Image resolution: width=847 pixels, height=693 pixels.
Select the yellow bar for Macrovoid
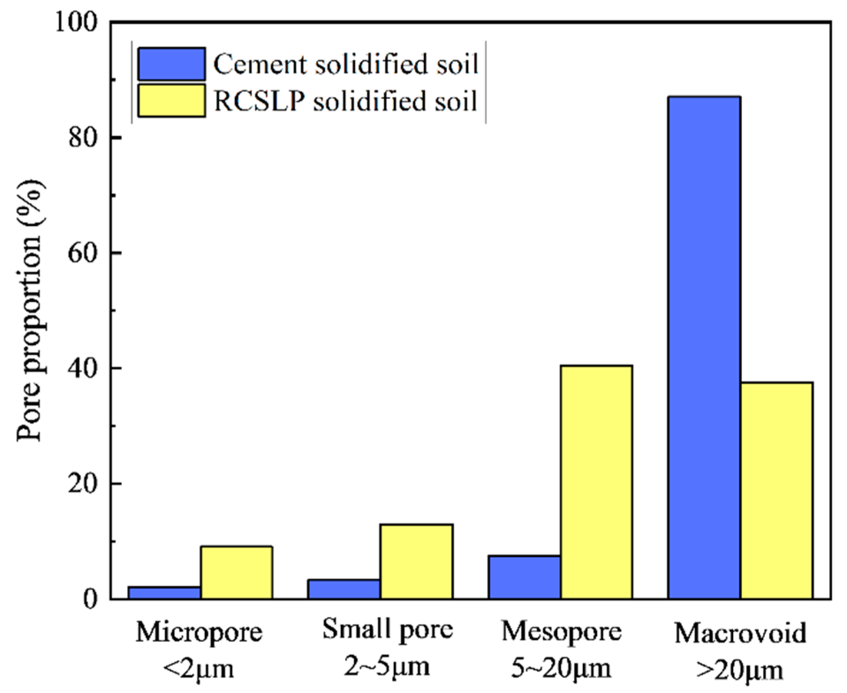click(776, 490)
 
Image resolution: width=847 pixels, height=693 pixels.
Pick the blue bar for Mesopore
click(524, 577)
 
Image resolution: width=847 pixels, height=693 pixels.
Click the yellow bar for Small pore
click(416, 561)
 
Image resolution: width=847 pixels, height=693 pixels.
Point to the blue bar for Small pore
click(344, 589)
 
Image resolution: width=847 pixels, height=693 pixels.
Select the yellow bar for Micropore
click(236, 572)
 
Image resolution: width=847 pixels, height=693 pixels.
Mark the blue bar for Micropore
click(164, 592)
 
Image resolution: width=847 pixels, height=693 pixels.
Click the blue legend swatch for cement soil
click(171, 64)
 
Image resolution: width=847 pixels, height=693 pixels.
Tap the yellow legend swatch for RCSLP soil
click(171, 101)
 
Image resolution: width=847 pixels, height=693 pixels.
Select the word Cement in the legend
click(259, 64)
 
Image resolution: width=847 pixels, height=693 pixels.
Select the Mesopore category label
click(561, 632)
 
